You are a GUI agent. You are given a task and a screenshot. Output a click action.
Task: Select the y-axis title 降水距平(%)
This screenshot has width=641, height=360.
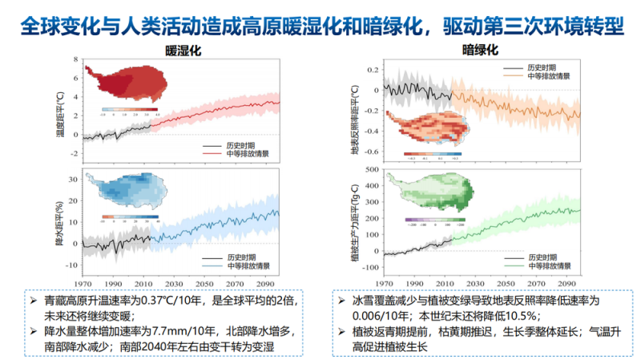pyautogui.click(x=59, y=220)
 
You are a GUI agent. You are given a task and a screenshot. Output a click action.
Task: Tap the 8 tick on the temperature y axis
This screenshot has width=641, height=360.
pyautogui.click(x=75, y=60)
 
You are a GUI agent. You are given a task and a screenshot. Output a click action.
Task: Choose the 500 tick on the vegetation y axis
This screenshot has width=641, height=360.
pyautogui.click(x=370, y=170)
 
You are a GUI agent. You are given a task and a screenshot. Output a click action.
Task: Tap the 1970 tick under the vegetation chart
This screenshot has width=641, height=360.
pyautogui.click(x=383, y=283)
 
